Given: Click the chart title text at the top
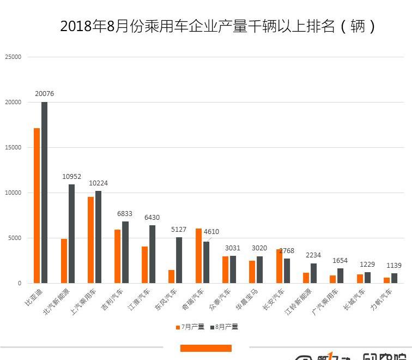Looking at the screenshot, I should point(217,26).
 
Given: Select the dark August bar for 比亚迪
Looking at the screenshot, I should point(44,192).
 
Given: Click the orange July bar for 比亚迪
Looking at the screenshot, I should point(37,206).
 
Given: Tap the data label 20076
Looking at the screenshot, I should point(44,94).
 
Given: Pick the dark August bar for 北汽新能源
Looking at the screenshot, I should point(71,233).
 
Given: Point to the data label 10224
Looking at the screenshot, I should point(98,183).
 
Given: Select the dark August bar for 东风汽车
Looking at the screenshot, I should point(179,260).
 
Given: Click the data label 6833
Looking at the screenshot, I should point(125,214).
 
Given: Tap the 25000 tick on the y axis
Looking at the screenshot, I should point(13,57).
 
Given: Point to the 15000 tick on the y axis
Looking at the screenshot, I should point(13,147).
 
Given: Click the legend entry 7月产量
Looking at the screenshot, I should point(190,327).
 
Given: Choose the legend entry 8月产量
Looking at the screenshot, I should point(224,327).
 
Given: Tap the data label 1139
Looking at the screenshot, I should point(393,266).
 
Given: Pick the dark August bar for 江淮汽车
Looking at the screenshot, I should point(152,254).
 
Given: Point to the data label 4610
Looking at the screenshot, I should point(211,232).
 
